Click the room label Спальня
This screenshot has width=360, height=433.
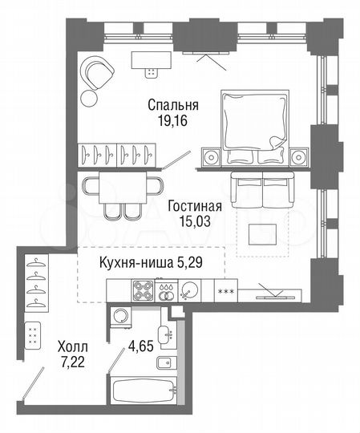tap(174, 105)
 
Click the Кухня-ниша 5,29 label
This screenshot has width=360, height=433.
tap(151, 262)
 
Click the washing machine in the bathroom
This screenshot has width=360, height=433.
tap(120, 315)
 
